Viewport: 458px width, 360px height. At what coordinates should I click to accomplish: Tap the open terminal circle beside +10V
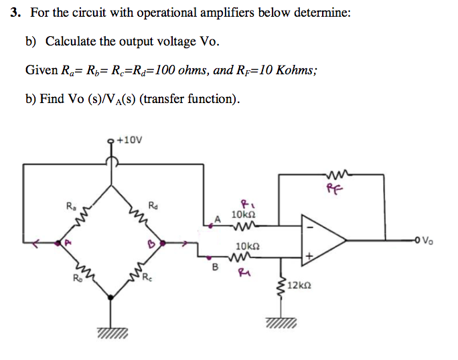pos(112,141)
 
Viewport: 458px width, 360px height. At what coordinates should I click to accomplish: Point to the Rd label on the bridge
pos(153,205)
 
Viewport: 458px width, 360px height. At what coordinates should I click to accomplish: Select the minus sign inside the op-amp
pos(309,227)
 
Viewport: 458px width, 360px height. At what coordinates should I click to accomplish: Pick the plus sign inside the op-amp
pos(309,254)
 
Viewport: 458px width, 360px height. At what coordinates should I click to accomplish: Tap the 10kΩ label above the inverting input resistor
pos(240,214)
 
